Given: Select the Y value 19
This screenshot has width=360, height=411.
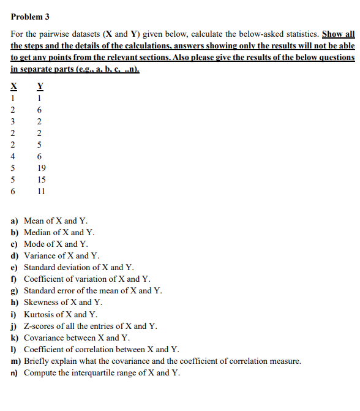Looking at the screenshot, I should coord(40,168).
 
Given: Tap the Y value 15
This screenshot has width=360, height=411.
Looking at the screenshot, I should coord(40,179).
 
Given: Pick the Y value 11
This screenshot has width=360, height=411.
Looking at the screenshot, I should coord(40,191).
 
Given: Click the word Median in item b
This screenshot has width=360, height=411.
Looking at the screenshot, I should coord(37,232).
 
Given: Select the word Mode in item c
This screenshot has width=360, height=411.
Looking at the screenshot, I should coord(34,244).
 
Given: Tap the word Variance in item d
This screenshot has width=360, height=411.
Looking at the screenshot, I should coord(39,255).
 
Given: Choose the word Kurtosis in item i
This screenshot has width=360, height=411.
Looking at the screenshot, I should coord(39,314).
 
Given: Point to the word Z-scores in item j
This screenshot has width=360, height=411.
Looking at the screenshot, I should coord(39,326).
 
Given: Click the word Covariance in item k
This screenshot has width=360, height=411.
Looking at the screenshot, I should coord(43,337).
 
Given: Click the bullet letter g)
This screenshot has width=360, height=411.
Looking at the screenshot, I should coord(15,290).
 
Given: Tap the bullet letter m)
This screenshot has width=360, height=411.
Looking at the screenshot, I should coord(17,361).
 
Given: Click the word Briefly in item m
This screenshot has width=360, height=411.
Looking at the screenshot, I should coord(37,361).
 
